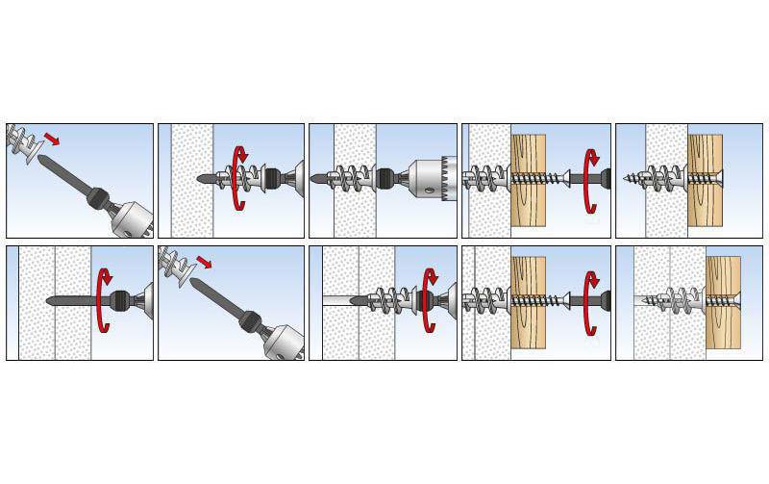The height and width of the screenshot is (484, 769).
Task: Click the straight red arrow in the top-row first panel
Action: (x=52, y=140)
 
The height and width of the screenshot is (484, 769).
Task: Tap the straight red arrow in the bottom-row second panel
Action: (x=203, y=261)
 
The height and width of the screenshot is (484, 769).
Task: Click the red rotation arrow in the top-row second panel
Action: (x=241, y=179)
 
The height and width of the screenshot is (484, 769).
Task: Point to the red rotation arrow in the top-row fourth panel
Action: (x=591, y=179)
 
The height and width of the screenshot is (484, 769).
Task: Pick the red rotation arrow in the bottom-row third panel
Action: (x=428, y=302)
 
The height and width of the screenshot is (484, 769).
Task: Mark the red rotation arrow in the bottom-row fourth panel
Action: (x=591, y=302)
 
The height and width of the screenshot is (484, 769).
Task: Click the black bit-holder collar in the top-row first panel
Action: (x=97, y=198)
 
